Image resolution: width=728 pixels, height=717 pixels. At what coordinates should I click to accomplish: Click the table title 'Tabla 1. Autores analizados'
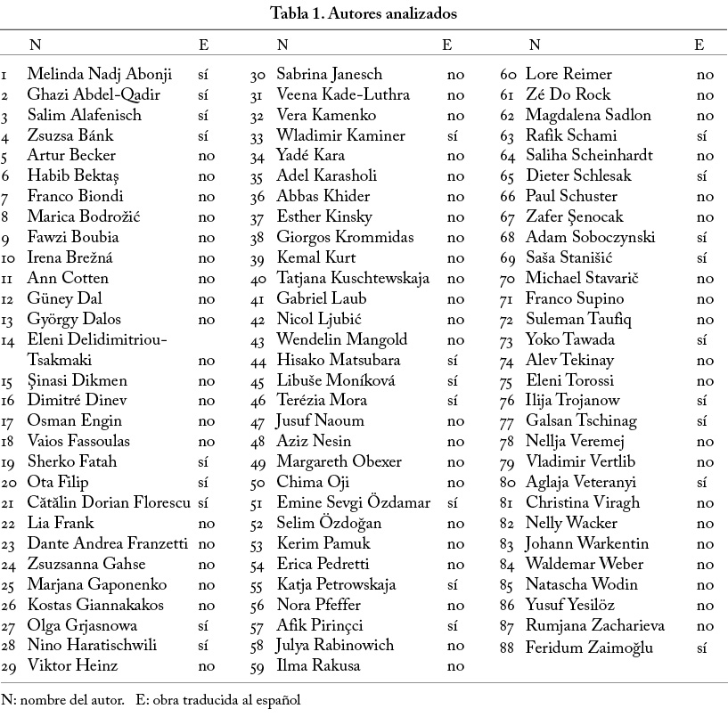(x=364, y=13)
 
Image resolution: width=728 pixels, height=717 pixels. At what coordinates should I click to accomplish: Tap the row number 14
(x=8, y=340)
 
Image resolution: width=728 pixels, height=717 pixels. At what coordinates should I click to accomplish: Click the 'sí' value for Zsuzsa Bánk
(x=202, y=135)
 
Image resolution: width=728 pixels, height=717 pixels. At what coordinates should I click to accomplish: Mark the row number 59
(x=258, y=666)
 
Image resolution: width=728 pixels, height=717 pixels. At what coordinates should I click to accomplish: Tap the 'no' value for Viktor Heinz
(x=206, y=665)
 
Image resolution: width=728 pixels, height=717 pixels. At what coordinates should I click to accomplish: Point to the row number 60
(x=509, y=75)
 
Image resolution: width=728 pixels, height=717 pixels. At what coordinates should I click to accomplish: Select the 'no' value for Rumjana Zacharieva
(x=705, y=625)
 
